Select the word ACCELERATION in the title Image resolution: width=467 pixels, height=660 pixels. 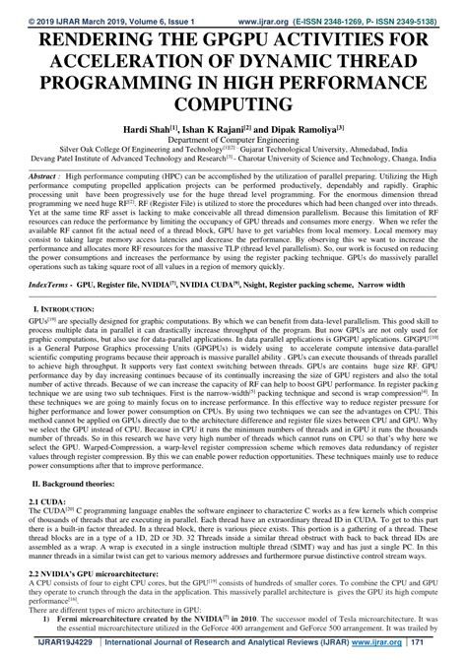[120, 61]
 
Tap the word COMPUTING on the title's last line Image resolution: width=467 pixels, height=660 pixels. [233, 102]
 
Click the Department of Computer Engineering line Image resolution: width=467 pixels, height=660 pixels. [233, 141]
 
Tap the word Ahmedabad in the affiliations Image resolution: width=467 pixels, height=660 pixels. [353, 151]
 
